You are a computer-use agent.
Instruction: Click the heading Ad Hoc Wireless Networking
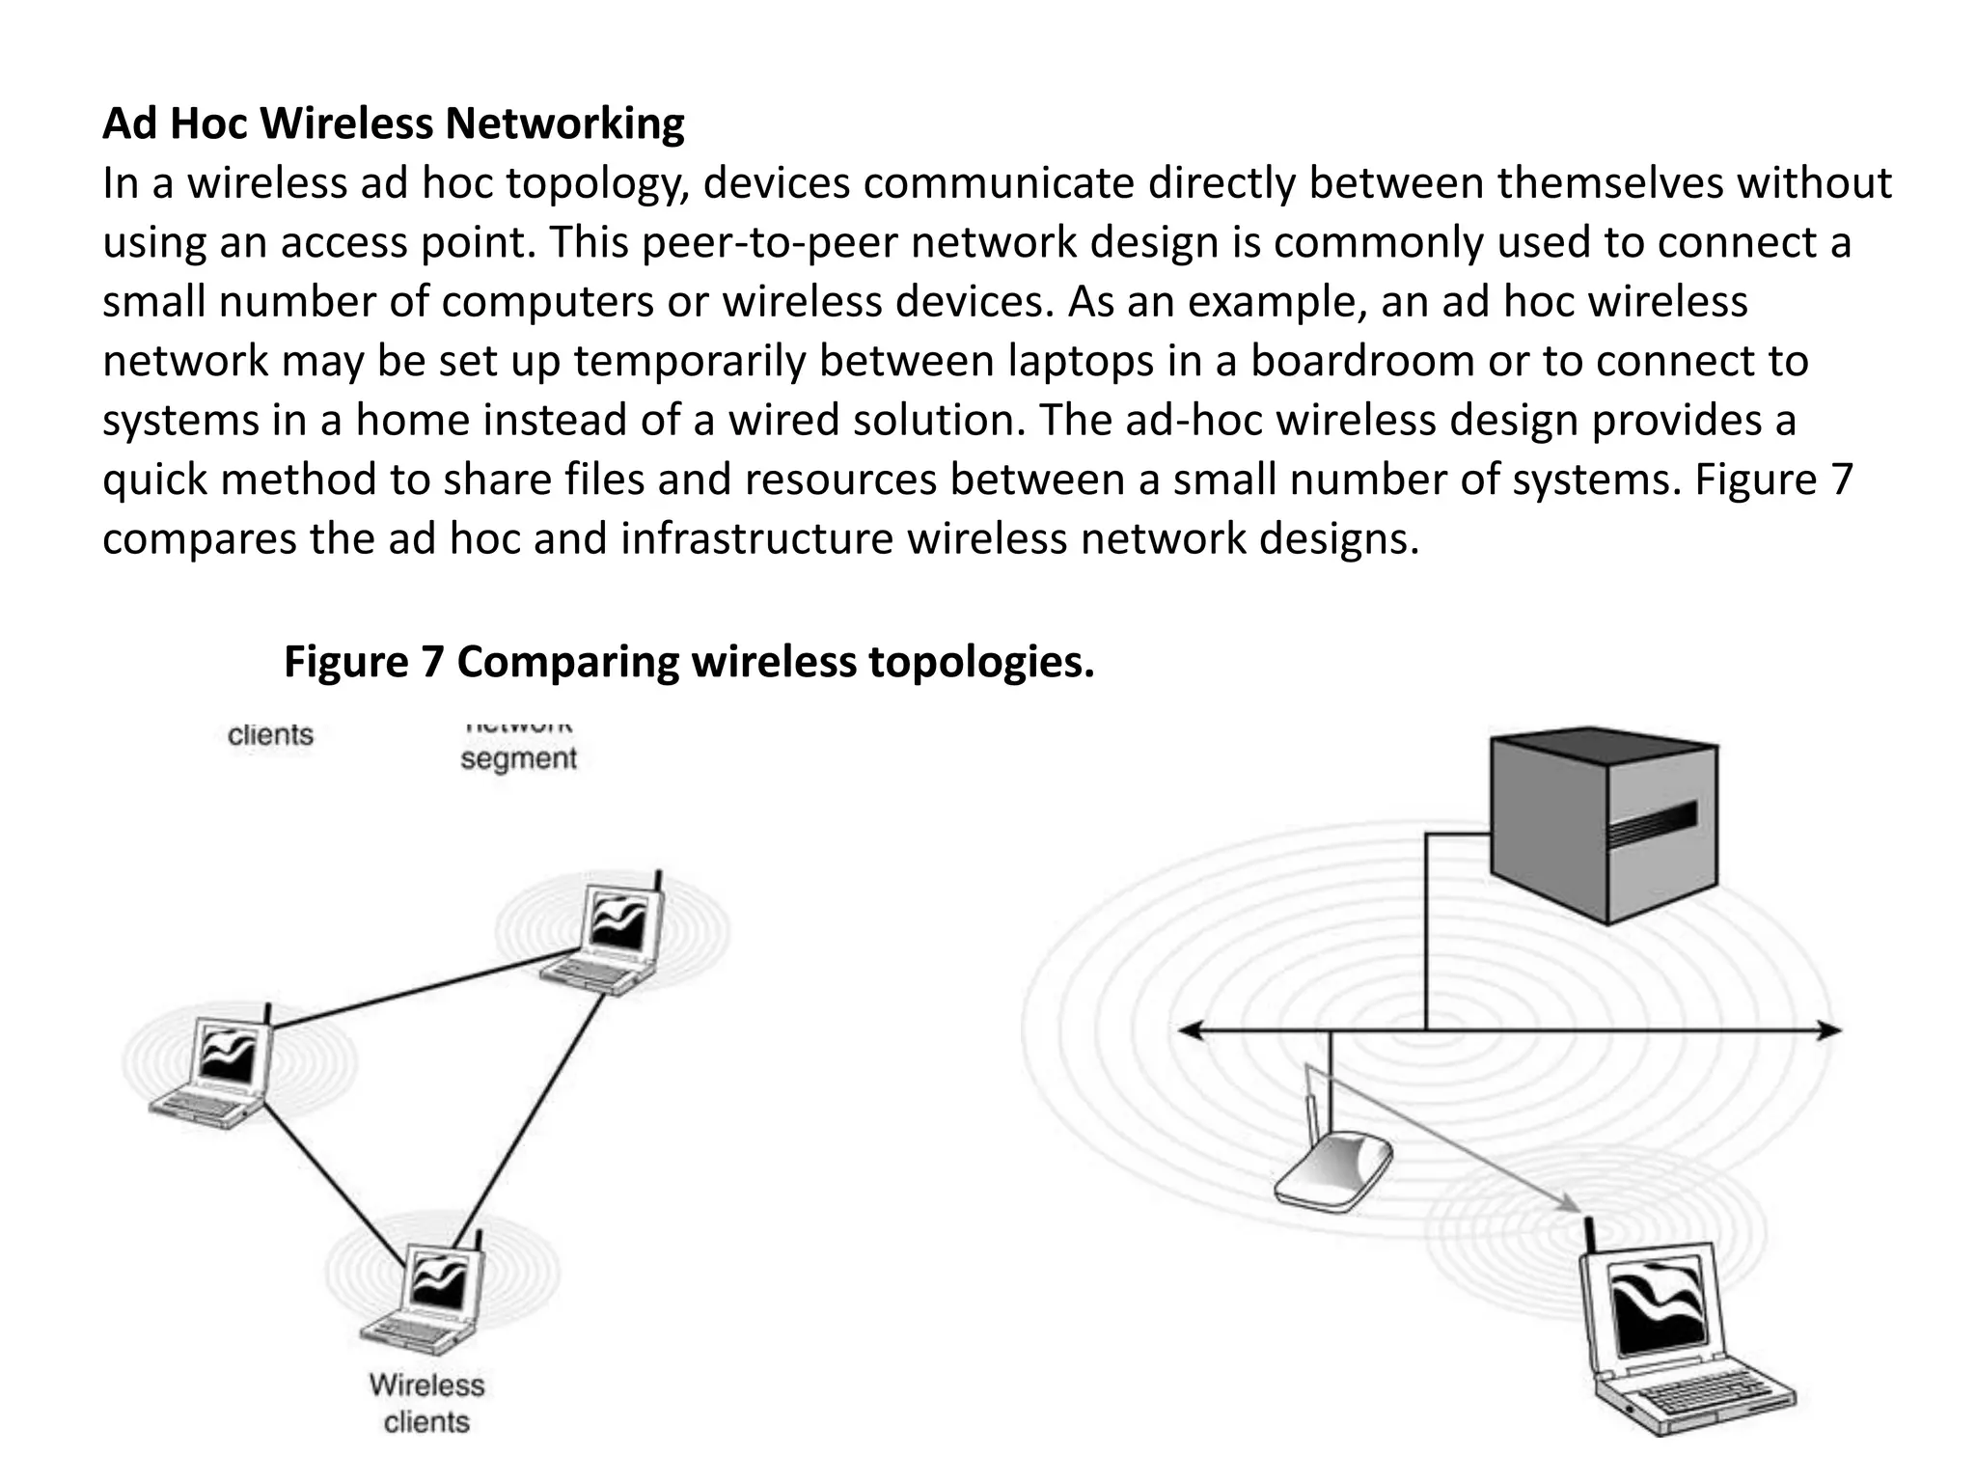(x=393, y=124)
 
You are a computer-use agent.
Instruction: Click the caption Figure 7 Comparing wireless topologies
(x=689, y=662)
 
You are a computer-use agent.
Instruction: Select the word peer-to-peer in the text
(x=769, y=243)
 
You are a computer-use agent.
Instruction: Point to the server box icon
(x=1603, y=826)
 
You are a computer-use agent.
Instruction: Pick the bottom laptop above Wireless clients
(x=431, y=1301)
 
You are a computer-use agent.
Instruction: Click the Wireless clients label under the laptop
(x=426, y=1403)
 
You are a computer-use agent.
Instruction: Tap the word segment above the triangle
(x=518, y=758)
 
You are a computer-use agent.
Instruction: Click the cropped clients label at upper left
(x=270, y=735)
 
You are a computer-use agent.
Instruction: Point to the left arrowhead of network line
(x=1189, y=1031)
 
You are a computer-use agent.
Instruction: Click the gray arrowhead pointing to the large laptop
(x=1571, y=1206)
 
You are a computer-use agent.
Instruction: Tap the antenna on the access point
(x=1310, y=1110)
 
